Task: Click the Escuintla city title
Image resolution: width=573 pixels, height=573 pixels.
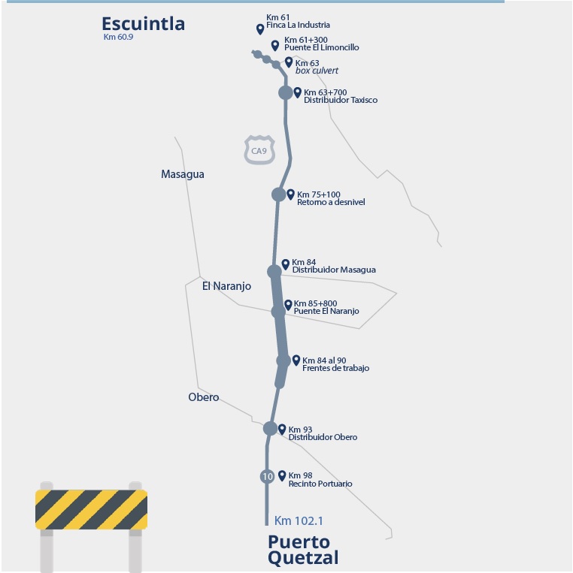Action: pos(143,24)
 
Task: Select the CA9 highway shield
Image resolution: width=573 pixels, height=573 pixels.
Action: pos(259,150)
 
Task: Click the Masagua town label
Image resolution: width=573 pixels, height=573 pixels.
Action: pos(182,174)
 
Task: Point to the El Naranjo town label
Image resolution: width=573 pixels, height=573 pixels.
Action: pos(226,286)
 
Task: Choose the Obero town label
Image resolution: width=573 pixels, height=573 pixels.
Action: pos(203,397)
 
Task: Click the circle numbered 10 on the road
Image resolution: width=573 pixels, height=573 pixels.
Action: pos(267,476)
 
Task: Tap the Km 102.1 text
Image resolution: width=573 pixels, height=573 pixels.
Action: pos(299,520)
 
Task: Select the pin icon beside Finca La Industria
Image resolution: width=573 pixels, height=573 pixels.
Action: pos(260,29)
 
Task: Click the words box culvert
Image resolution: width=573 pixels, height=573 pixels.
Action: pos(317,71)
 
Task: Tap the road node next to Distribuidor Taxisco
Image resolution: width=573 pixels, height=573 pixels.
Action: pos(286,92)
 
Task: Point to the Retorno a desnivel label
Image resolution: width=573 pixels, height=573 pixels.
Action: pos(331,203)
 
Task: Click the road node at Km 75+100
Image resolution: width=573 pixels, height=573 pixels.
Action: pos(278,195)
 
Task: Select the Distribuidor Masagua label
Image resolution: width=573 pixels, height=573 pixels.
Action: pos(333,270)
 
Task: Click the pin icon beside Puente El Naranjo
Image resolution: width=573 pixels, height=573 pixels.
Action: pos(288,305)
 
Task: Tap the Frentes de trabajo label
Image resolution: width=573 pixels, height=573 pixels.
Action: pos(335,368)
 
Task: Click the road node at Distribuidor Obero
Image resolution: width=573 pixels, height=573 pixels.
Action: pos(270,428)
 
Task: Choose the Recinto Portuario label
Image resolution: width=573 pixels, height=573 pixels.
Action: pos(320,484)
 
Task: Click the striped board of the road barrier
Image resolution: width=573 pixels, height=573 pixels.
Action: pos(91,509)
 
